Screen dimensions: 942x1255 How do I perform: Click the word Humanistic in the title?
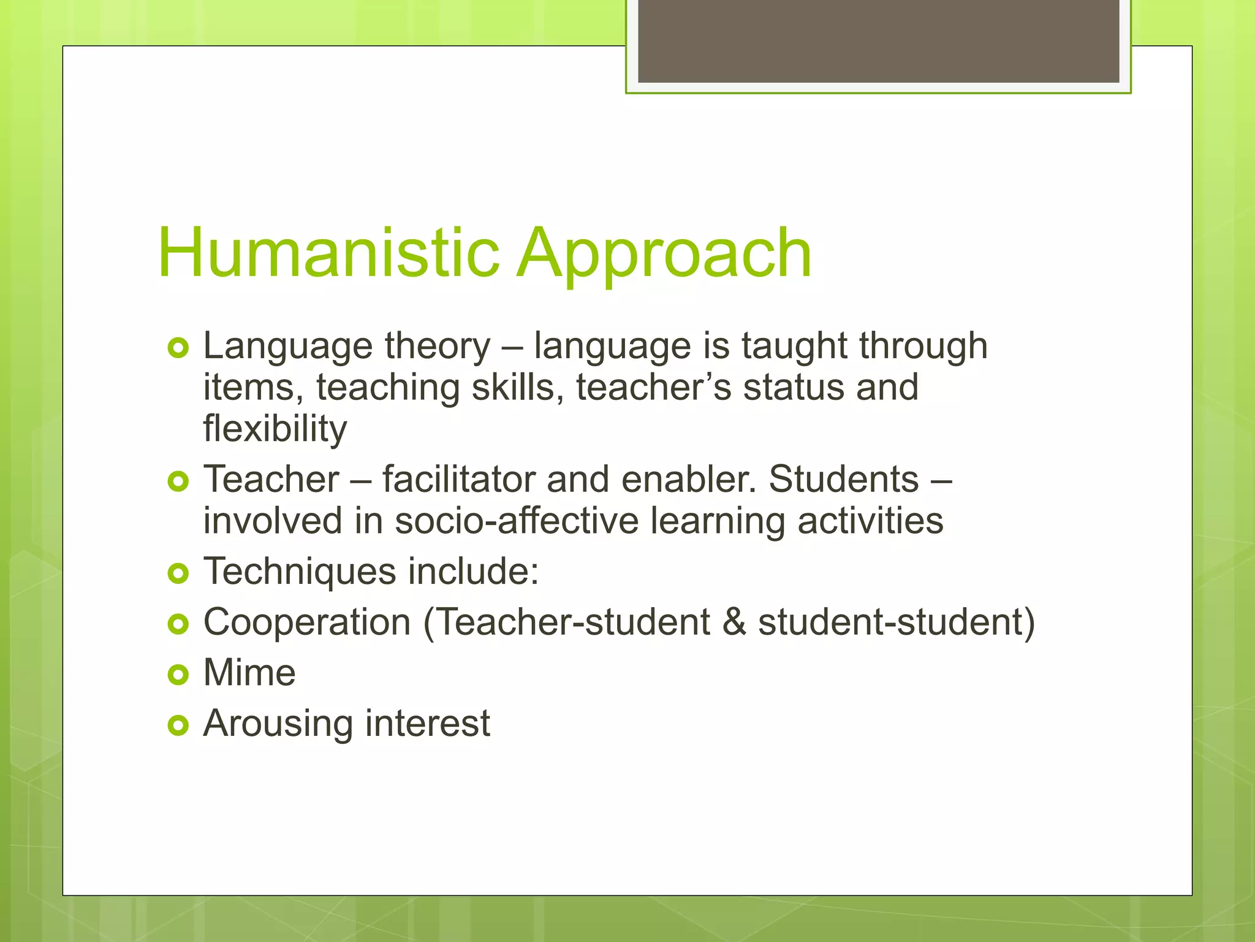(328, 253)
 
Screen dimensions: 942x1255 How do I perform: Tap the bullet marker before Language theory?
(178, 348)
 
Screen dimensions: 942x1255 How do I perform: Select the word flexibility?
(275, 429)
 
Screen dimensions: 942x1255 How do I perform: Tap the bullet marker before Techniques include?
(178, 574)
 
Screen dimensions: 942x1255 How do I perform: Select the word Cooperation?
(307, 622)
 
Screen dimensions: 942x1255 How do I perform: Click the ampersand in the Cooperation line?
(734, 622)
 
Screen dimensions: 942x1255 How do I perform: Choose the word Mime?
(249, 673)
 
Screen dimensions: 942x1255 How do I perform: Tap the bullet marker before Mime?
(178, 675)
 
